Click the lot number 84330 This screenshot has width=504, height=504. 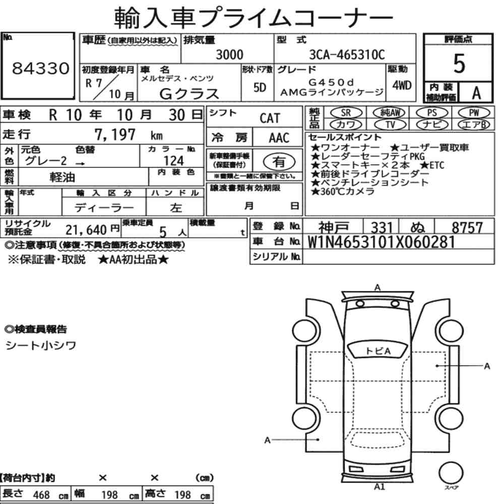[40, 68]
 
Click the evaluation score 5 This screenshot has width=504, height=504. [459, 64]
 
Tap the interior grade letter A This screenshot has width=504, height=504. [476, 93]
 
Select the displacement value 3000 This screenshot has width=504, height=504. [229, 54]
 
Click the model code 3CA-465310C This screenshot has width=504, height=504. [347, 54]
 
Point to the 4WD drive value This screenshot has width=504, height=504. [402, 85]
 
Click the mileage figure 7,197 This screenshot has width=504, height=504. [115, 134]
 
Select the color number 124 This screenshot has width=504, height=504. [173, 160]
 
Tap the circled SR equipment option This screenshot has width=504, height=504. [346, 113]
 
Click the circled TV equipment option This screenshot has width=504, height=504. [390, 124]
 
